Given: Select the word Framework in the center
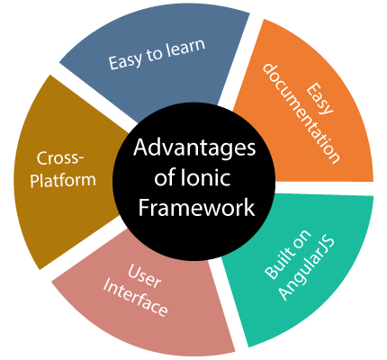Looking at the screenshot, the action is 197,208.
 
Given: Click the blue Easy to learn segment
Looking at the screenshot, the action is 156,60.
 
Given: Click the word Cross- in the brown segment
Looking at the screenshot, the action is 61,157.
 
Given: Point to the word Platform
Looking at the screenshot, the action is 63,180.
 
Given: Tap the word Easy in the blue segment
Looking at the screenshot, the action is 125,61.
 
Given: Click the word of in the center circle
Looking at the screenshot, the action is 165,177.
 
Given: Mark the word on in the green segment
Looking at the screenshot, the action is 301,240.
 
